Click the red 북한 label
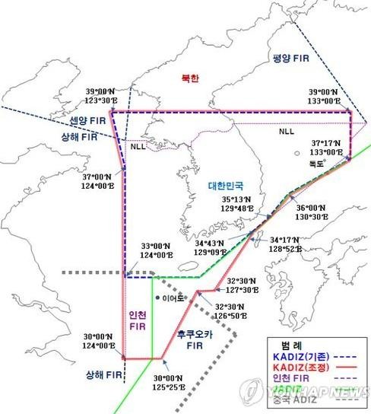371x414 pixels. [x=189, y=78]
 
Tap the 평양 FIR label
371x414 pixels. [x=290, y=59]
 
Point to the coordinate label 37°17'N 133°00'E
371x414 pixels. [x=328, y=146]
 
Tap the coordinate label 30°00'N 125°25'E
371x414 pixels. [x=172, y=381]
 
